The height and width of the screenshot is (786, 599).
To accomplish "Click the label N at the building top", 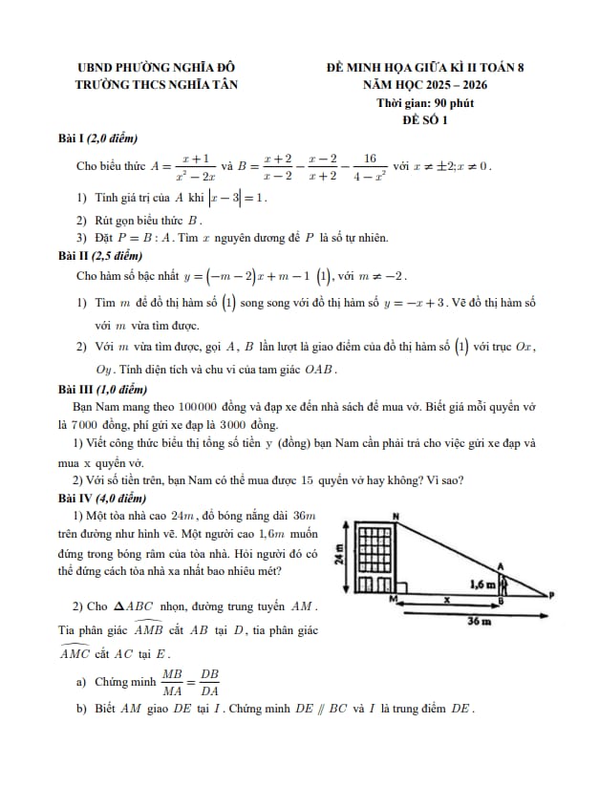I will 396,516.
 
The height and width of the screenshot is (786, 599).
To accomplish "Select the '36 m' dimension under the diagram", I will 479,621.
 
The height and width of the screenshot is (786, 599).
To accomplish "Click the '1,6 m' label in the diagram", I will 482,583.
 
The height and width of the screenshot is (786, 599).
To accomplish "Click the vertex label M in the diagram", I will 393,599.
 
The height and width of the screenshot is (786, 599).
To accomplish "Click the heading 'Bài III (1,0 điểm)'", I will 105,390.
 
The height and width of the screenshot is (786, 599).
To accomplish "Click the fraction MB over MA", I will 172,681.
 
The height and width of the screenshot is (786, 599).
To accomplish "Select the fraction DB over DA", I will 209,681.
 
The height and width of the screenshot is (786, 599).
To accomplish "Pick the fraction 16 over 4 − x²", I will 370,166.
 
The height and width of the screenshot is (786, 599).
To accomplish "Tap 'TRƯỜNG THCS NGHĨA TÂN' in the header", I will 156,85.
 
